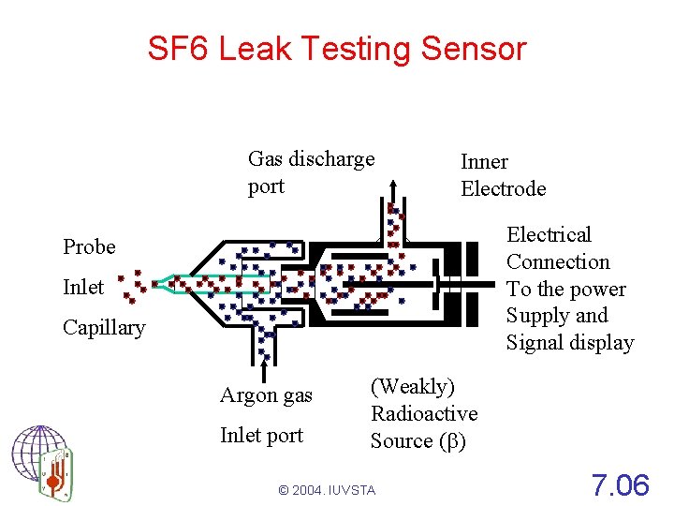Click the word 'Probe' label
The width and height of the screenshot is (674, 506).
(90, 246)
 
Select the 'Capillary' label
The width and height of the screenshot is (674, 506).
(104, 327)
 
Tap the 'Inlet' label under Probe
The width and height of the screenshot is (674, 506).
(83, 287)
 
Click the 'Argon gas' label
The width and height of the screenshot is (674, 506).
(266, 395)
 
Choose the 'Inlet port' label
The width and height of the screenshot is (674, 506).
(261, 435)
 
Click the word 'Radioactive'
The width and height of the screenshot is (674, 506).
(424, 413)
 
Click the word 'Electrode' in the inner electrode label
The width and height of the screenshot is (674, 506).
(503, 188)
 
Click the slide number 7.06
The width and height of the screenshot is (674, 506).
(620, 484)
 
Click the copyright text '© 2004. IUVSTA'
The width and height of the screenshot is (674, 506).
(327, 490)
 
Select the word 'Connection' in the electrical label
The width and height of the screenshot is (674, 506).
(558, 261)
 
